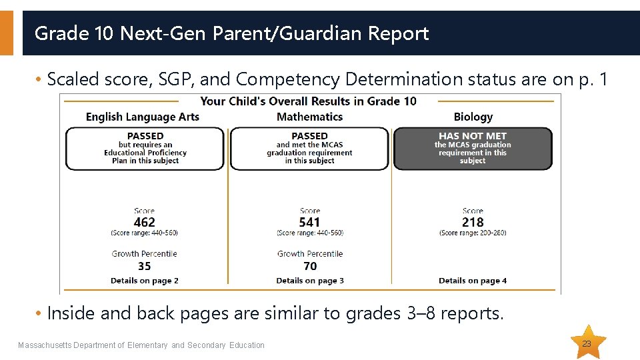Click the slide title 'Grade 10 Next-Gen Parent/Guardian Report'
point(231,33)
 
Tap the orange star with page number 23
point(587,343)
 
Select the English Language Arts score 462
point(144,222)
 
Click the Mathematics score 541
point(309,222)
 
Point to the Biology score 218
point(473,222)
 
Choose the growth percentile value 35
point(144,266)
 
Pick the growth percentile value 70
point(310,266)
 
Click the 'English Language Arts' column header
point(143,117)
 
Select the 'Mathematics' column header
point(309,117)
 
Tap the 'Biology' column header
point(473,117)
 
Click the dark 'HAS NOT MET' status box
point(473,149)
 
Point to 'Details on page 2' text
point(145,281)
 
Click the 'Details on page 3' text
point(310,281)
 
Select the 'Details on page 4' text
point(473,281)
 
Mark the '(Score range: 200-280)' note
point(473,233)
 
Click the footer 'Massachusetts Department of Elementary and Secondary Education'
point(141,345)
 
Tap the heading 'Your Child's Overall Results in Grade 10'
point(308,101)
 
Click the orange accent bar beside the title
point(6,33)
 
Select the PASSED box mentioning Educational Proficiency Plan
point(145,149)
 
